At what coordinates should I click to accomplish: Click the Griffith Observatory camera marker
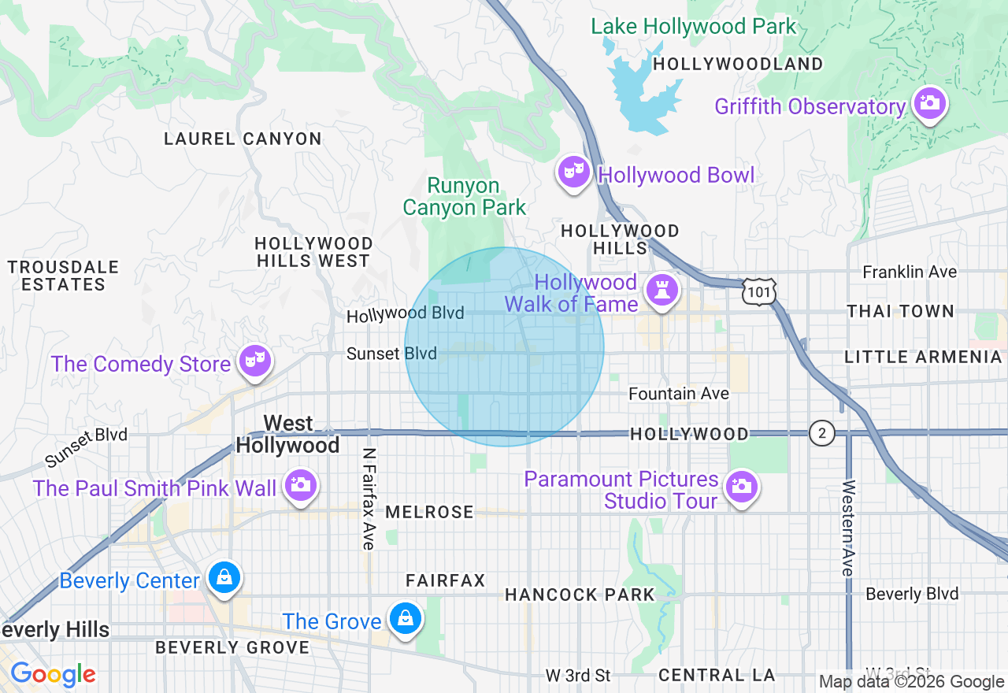[x=929, y=103]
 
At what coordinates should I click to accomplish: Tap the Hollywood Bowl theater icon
[x=574, y=172]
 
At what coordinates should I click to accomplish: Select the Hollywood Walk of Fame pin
[x=661, y=289]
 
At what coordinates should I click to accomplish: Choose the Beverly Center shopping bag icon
[x=224, y=578]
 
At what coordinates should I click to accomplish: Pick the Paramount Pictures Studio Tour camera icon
[x=740, y=487]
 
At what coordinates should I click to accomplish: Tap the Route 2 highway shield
[x=822, y=432]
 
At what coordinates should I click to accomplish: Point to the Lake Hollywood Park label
[x=694, y=26]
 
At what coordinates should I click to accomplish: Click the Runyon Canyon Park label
[x=465, y=197]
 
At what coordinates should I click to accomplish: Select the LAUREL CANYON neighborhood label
[x=243, y=139]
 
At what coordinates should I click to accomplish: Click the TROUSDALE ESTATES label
[x=63, y=276]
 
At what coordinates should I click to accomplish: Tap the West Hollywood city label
[x=287, y=435]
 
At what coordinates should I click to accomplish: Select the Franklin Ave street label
[x=910, y=272]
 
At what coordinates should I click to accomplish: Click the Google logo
[x=53, y=674]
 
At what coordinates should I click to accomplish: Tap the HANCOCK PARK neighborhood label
[x=580, y=595]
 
